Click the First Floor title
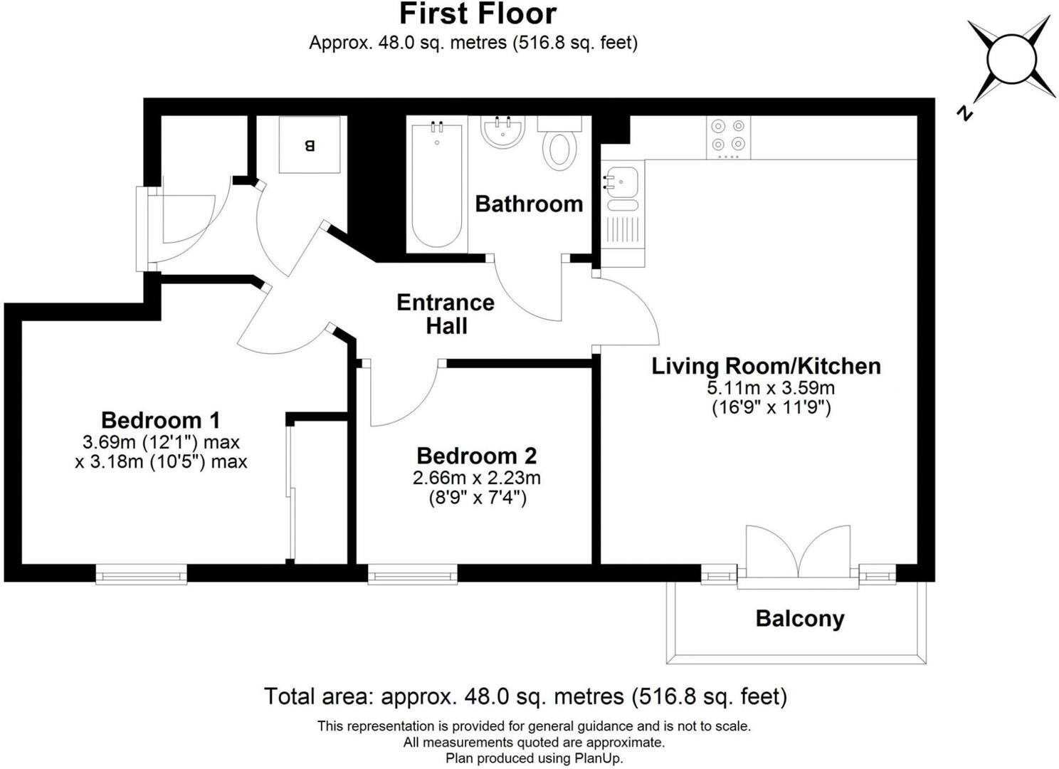click(478, 14)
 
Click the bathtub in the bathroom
click(436, 184)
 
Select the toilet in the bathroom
click(559, 148)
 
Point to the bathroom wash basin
click(503, 132)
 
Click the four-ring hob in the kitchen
click(728, 137)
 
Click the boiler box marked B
click(309, 145)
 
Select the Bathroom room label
click(529, 204)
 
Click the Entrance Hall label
click(446, 314)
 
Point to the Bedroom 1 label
click(160, 420)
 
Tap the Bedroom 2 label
click(476, 456)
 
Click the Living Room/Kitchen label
click(766, 366)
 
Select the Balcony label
click(799, 619)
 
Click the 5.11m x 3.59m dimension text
click(770, 388)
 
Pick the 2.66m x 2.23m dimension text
click(476, 478)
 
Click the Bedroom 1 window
click(142, 574)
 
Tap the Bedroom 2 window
click(413, 574)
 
